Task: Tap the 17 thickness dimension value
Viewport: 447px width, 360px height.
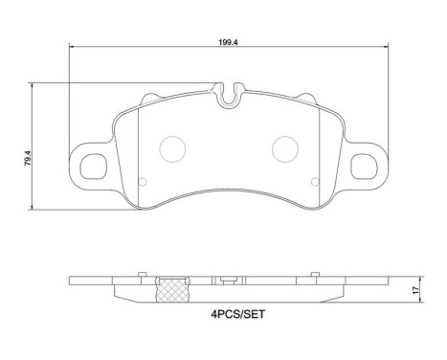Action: click(x=414, y=291)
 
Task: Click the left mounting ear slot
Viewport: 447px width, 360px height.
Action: click(x=94, y=166)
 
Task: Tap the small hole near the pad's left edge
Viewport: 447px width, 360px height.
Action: click(x=143, y=182)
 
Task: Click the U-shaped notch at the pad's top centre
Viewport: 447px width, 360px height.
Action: click(x=227, y=97)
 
